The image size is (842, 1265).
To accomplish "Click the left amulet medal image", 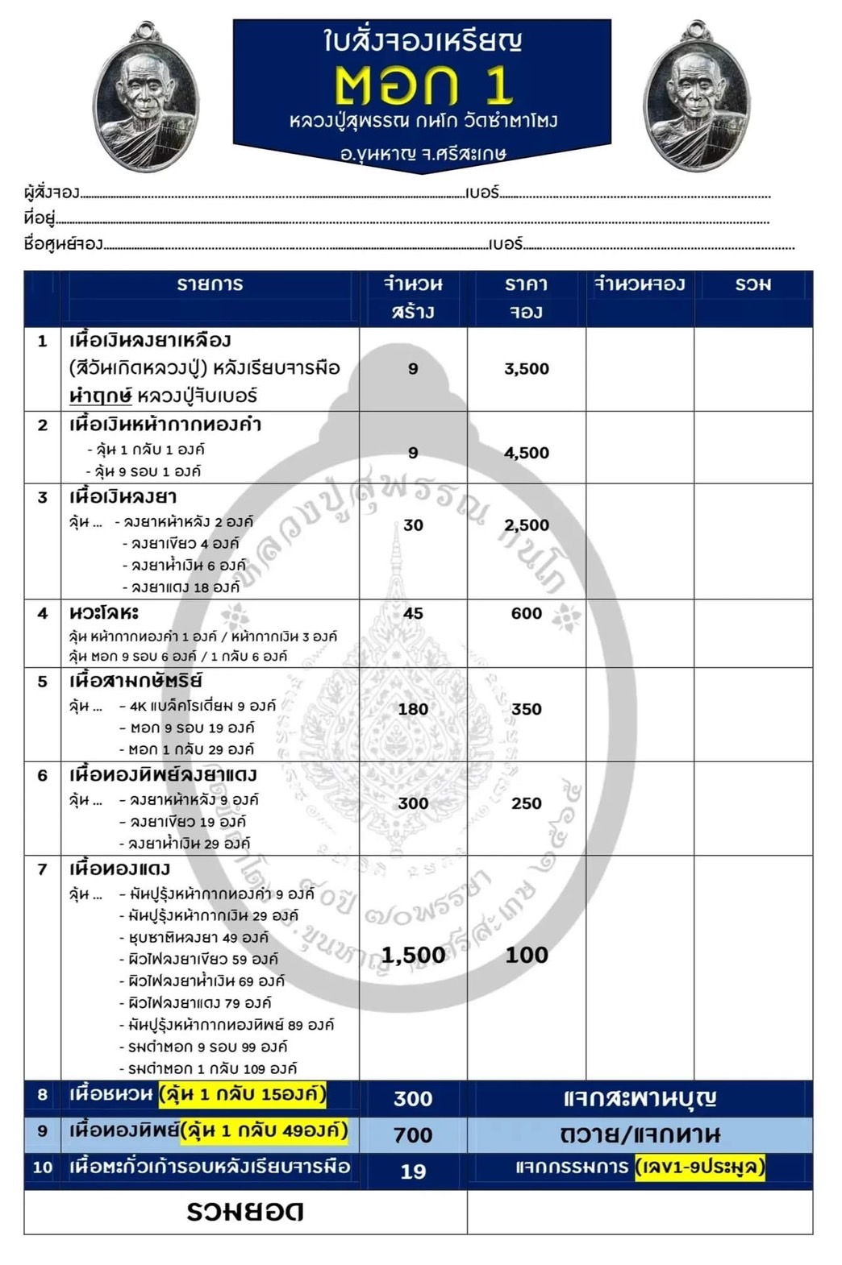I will click(146, 99).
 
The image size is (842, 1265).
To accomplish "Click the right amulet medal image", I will click(697, 98).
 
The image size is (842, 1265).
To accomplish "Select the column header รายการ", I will click(210, 284).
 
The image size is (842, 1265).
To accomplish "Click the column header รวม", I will click(752, 284).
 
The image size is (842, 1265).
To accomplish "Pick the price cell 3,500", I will click(526, 369).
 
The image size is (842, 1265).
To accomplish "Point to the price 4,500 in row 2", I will click(526, 453).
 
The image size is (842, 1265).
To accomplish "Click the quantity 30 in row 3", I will click(413, 525).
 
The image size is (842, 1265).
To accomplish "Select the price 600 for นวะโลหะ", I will click(526, 614).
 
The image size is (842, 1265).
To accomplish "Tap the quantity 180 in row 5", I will click(413, 709).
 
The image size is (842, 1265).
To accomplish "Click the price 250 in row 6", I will click(526, 803).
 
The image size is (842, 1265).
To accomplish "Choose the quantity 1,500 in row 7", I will click(413, 955).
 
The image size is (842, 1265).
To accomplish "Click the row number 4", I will click(43, 614).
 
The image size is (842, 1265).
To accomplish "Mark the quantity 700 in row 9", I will click(413, 1135).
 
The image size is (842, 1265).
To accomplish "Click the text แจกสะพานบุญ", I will click(639, 1098).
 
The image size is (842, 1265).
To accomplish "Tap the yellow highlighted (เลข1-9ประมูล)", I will click(699, 1167).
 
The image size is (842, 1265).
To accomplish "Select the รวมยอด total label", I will click(245, 1212).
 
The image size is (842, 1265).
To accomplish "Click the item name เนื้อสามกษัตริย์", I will click(135, 681).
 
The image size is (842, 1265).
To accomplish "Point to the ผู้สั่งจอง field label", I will click(52, 193).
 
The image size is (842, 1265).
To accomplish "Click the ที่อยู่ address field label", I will click(40, 218).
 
